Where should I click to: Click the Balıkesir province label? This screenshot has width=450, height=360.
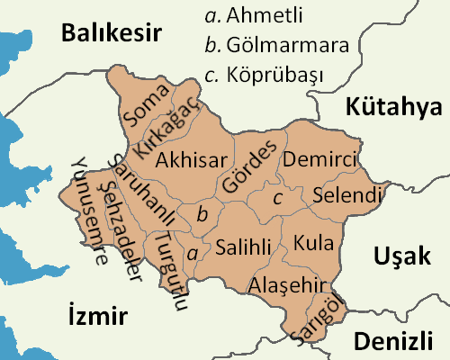[x=111, y=34]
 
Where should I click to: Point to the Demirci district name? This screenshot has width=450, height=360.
[x=319, y=160]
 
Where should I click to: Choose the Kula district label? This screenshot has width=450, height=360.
[x=313, y=243]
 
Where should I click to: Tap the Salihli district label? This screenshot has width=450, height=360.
[x=240, y=247]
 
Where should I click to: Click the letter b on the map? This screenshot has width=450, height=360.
[x=202, y=214]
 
